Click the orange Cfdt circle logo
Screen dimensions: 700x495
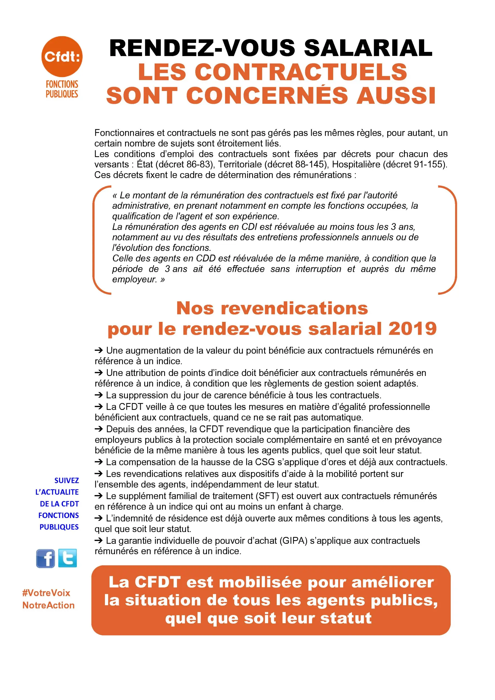tap(62, 56)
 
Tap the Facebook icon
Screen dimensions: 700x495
tap(45, 558)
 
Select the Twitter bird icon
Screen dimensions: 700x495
tap(67, 558)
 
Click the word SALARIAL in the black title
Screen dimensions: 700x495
tap(368, 48)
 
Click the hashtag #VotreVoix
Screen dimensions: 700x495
tap(46, 593)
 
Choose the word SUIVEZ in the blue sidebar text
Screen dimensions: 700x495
tap(66, 481)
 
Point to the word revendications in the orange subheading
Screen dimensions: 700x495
tap(294, 308)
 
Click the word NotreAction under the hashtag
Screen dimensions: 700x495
tap(48, 605)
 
